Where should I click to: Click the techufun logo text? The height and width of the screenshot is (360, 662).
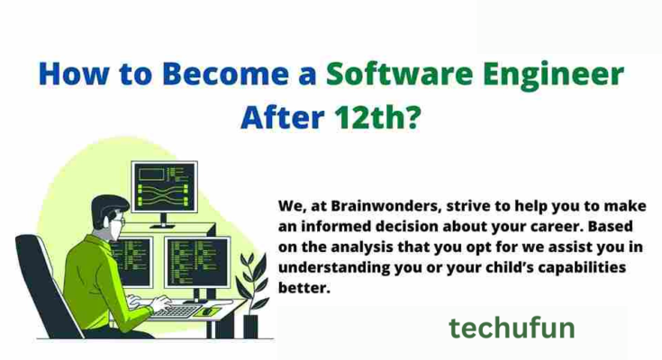point(512,328)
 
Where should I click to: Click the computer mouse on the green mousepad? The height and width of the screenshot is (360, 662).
point(207,311)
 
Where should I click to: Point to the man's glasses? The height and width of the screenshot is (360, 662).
point(117,218)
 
